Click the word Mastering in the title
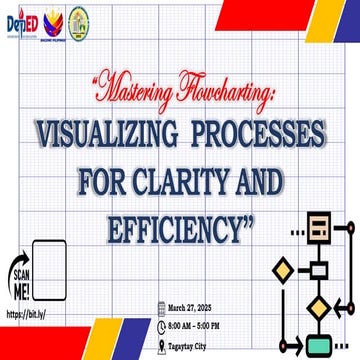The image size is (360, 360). pos(133,96)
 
